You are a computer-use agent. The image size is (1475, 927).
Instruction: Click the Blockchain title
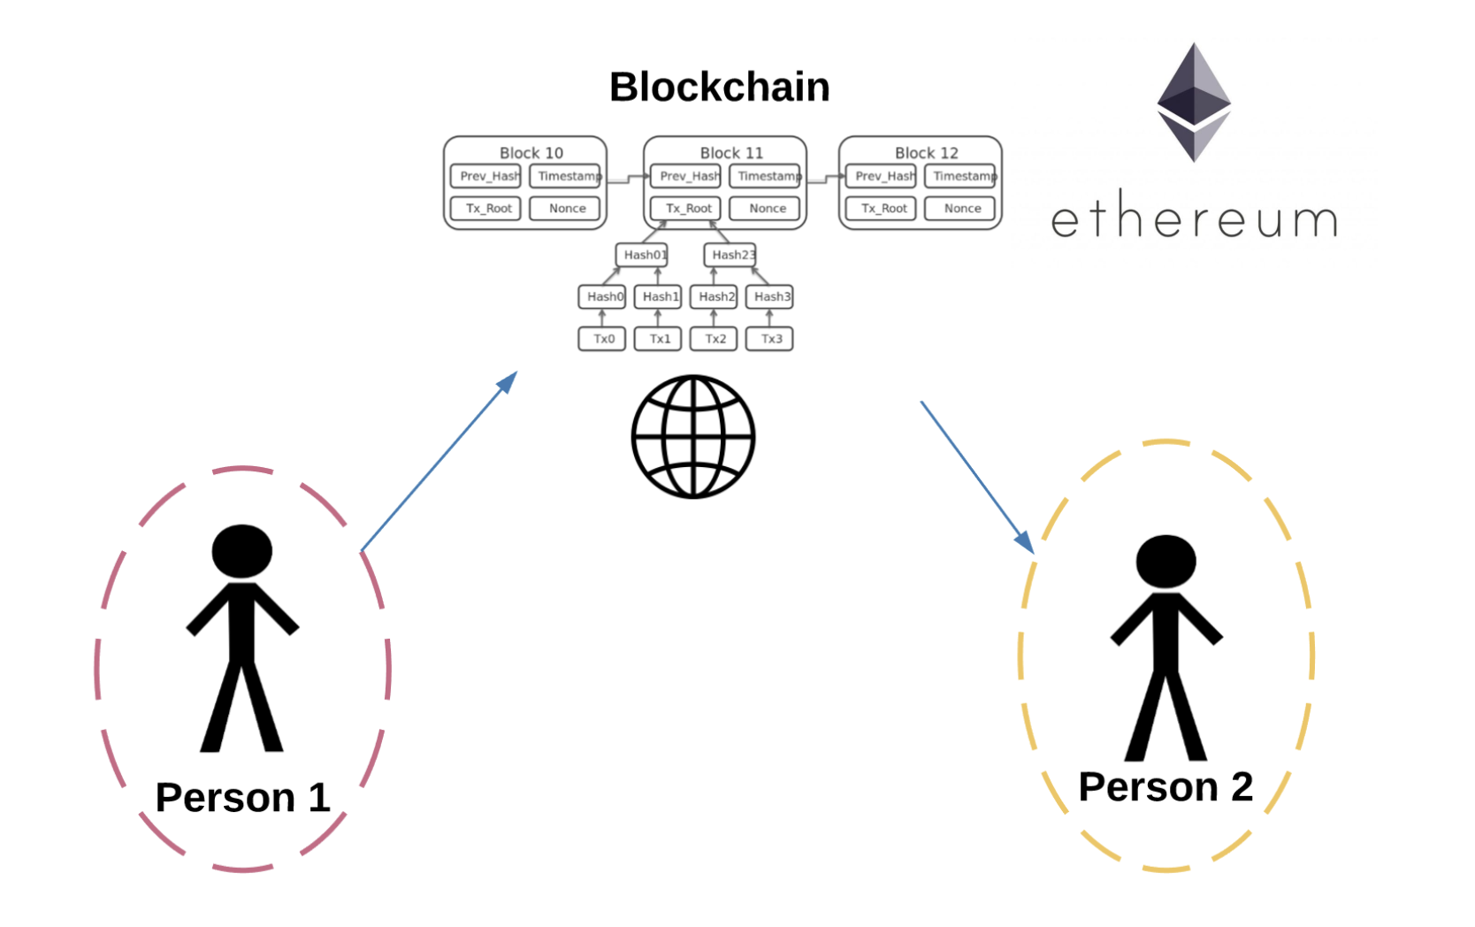click(x=719, y=88)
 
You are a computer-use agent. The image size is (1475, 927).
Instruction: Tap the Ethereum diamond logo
click(x=1194, y=103)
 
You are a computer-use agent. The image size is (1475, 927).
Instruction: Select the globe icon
click(x=693, y=437)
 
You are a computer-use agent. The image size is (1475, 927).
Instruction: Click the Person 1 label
click(x=242, y=798)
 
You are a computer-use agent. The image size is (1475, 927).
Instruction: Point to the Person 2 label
click(x=1165, y=787)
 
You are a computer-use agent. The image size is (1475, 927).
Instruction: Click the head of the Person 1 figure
click(x=241, y=551)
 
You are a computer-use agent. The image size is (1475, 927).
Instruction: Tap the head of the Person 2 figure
click(x=1165, y=561)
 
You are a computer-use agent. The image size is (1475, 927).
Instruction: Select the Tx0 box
click(x=602, y=339)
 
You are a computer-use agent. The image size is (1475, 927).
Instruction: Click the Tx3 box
click(x=769, y=339)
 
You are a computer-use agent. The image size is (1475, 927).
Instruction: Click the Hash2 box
click(x=714, y=296)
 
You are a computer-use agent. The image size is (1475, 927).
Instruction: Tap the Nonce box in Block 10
click(x=566, y=209)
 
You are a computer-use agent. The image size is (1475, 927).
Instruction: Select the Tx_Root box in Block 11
click(x=687, y=209)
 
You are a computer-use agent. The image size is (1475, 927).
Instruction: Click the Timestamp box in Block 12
click(x=961, y=176)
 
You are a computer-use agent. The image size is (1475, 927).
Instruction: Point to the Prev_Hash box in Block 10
click(x=487, y=176)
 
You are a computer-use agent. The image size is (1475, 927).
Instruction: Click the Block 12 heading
click(x=926, y=153)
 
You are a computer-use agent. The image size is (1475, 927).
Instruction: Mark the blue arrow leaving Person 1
click(x=439, y=462)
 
